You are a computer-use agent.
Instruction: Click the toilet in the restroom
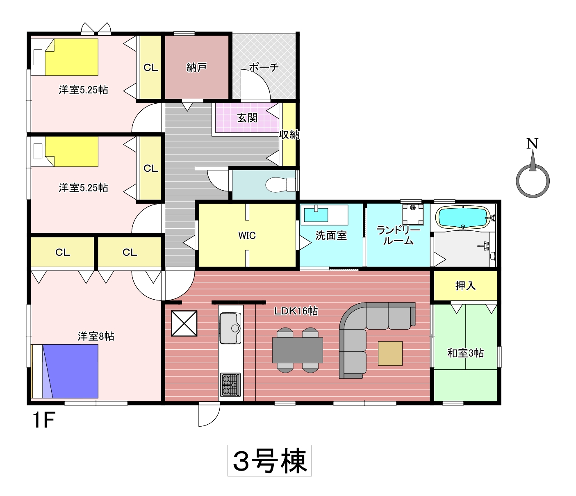click(280, 184)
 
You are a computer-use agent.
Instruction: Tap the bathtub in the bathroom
click(464, 218)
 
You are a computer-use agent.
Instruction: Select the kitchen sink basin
click(230, 328)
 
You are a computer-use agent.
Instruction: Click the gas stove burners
click(230, 385)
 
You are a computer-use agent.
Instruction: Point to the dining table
click(297, 350)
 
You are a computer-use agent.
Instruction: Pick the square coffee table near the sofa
click(390, 353)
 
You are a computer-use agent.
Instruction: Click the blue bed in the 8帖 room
click(70, 371)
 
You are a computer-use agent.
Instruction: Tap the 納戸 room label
click(196, 67)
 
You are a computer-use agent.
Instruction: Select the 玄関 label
click(247, 118)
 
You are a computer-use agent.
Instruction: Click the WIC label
click(247, 235)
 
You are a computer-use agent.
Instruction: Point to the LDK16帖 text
click(296, 311)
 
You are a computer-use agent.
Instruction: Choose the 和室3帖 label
click(465, 353)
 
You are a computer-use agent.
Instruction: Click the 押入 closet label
click(465, 286)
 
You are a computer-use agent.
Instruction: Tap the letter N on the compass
click(532, 144)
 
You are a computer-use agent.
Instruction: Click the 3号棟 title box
click(269, 460)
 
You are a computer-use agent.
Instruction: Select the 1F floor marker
click(44, 420)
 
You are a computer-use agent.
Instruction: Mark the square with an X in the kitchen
click(184, 323)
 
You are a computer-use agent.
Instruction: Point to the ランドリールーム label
click(398, 235)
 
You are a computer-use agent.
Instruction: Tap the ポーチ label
click(264, 67)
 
